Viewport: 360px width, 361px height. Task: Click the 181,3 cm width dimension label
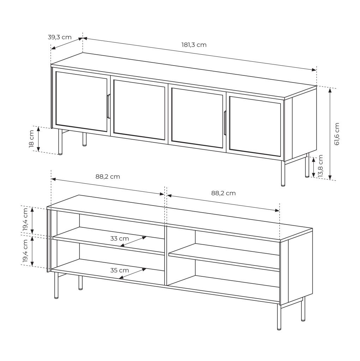[194, 45]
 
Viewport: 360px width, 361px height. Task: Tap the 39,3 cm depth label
[60, 37]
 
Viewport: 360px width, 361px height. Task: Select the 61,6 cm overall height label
[337, 134]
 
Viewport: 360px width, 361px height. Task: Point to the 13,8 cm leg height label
[320, 166]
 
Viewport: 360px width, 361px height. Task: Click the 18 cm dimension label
[31, 139]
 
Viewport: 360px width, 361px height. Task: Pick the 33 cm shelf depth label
[119, 239]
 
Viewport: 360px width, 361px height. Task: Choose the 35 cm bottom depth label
[119, 270]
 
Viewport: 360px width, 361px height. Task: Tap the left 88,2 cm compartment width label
[108, 177]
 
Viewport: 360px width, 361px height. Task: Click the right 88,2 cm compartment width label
[223, 193]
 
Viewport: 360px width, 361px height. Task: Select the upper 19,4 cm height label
[25, 219]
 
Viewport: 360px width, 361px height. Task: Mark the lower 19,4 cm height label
[25, 251]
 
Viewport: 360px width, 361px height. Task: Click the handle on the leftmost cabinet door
[108, 106]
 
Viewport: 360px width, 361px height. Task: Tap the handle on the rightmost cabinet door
[225, 123]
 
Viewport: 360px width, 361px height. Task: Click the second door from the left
[139, 110]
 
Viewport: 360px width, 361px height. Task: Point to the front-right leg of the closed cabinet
[283, 173]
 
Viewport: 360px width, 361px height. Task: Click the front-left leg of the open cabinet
[56, 286]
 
